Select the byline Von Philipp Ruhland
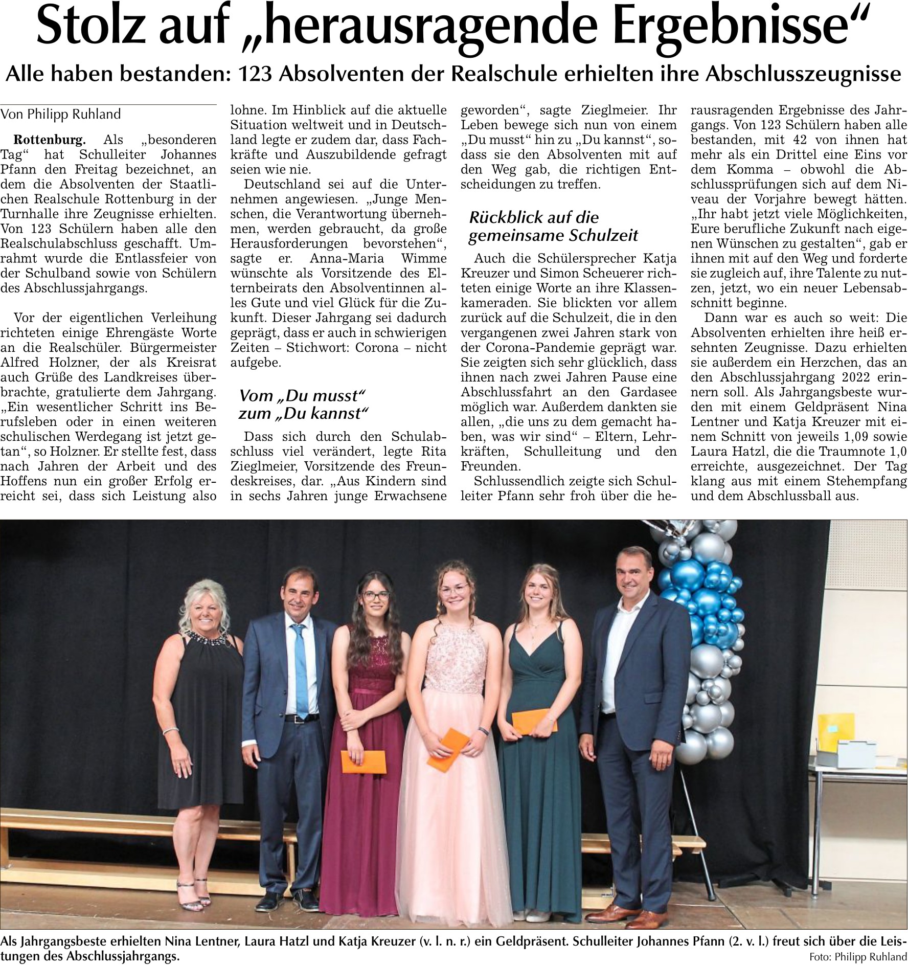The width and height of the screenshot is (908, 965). (x=61, y=114)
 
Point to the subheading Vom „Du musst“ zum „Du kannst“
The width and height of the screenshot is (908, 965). (x=303, y=404)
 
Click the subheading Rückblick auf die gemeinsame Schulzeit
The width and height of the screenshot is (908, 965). (x=554, y=226)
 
